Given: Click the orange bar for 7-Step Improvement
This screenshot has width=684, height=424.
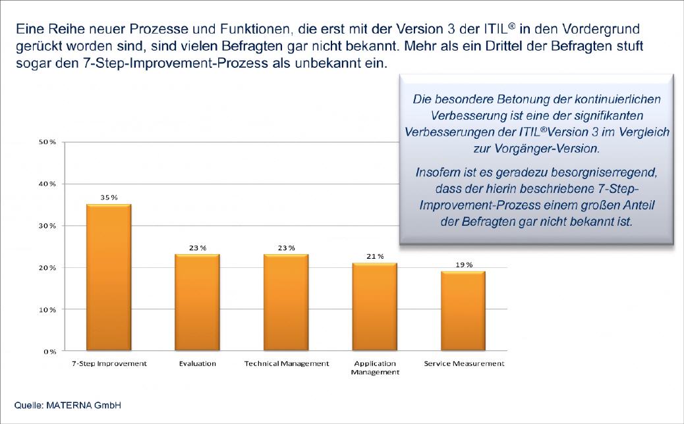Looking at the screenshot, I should click(109, 277).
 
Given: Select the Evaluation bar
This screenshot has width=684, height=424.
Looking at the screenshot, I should click(198, 302).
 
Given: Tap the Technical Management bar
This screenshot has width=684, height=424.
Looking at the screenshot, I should click(286, 302).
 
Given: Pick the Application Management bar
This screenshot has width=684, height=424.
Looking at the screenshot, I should click(374, 307).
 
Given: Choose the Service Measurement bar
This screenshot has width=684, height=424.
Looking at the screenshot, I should click(463, 311).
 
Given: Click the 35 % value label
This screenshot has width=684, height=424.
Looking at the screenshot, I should click(109, 197).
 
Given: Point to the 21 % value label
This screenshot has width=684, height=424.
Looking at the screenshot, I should click(375, 256).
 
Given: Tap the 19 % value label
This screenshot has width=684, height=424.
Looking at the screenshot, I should click(464, 264).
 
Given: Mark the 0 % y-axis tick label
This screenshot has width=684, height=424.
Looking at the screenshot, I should click(49, 352).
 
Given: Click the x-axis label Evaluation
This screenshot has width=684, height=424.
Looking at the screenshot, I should click(197, 363).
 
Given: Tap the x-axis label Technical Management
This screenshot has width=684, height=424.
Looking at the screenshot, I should click(286, 363).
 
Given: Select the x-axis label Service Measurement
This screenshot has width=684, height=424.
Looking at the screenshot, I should click(463, 363).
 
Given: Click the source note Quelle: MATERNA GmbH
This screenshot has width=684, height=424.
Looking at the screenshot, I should click(68, 405).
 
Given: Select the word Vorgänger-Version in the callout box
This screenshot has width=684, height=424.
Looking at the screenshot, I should click(551, 149).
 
